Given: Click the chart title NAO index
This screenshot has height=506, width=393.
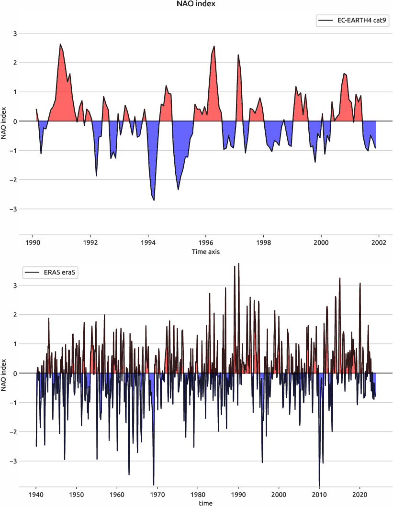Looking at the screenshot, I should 196,4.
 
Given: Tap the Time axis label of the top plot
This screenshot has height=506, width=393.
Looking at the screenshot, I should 206,251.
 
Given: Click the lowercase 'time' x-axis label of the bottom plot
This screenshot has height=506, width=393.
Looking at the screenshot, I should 206,503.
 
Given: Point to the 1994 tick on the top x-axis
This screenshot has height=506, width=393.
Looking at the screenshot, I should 148,242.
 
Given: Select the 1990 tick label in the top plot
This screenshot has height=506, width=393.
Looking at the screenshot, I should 33,242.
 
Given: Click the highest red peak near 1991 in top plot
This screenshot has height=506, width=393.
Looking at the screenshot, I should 60,44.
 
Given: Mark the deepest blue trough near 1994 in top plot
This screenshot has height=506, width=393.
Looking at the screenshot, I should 154,200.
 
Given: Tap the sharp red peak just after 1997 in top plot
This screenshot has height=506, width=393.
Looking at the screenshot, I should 238,55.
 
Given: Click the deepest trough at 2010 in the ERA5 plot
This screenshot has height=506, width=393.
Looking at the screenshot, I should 319,485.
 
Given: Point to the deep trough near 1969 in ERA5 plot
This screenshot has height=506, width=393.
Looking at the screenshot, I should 154,484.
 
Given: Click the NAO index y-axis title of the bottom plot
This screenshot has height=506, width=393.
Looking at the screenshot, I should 4,373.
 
